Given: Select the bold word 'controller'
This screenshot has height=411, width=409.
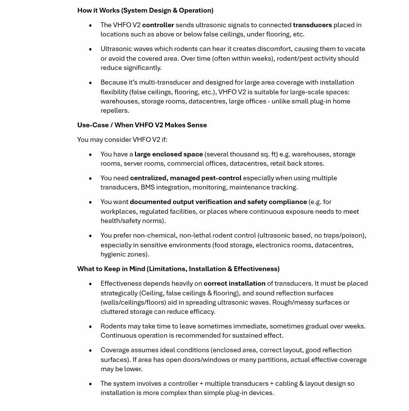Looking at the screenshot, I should (x=158, y=25).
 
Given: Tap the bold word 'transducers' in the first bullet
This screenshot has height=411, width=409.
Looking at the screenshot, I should (x=312, y=25).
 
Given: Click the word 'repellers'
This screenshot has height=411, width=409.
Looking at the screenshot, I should (x=114, y=110).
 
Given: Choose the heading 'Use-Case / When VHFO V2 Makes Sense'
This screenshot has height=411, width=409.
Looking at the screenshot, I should (x=142, y=125).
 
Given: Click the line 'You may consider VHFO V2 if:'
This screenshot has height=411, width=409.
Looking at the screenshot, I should (x=122, y=139).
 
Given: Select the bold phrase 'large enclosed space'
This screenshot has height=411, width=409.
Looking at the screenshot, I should (x=169, y=154).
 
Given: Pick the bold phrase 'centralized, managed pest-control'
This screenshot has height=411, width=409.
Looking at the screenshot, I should (x=186, y=178).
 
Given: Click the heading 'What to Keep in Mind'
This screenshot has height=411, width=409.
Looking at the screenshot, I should (x=111, y=269).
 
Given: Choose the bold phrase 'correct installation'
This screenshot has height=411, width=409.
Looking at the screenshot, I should (x=234, y=283).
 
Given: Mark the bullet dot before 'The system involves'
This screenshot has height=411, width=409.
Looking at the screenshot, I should (x=90, y=384).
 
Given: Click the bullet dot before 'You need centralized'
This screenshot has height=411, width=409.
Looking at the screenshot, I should (x=90, y=178).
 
